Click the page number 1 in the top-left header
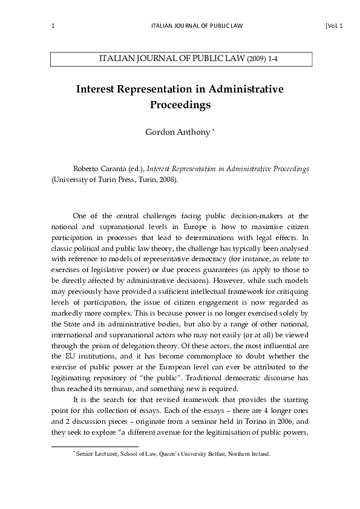click(54, 25)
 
